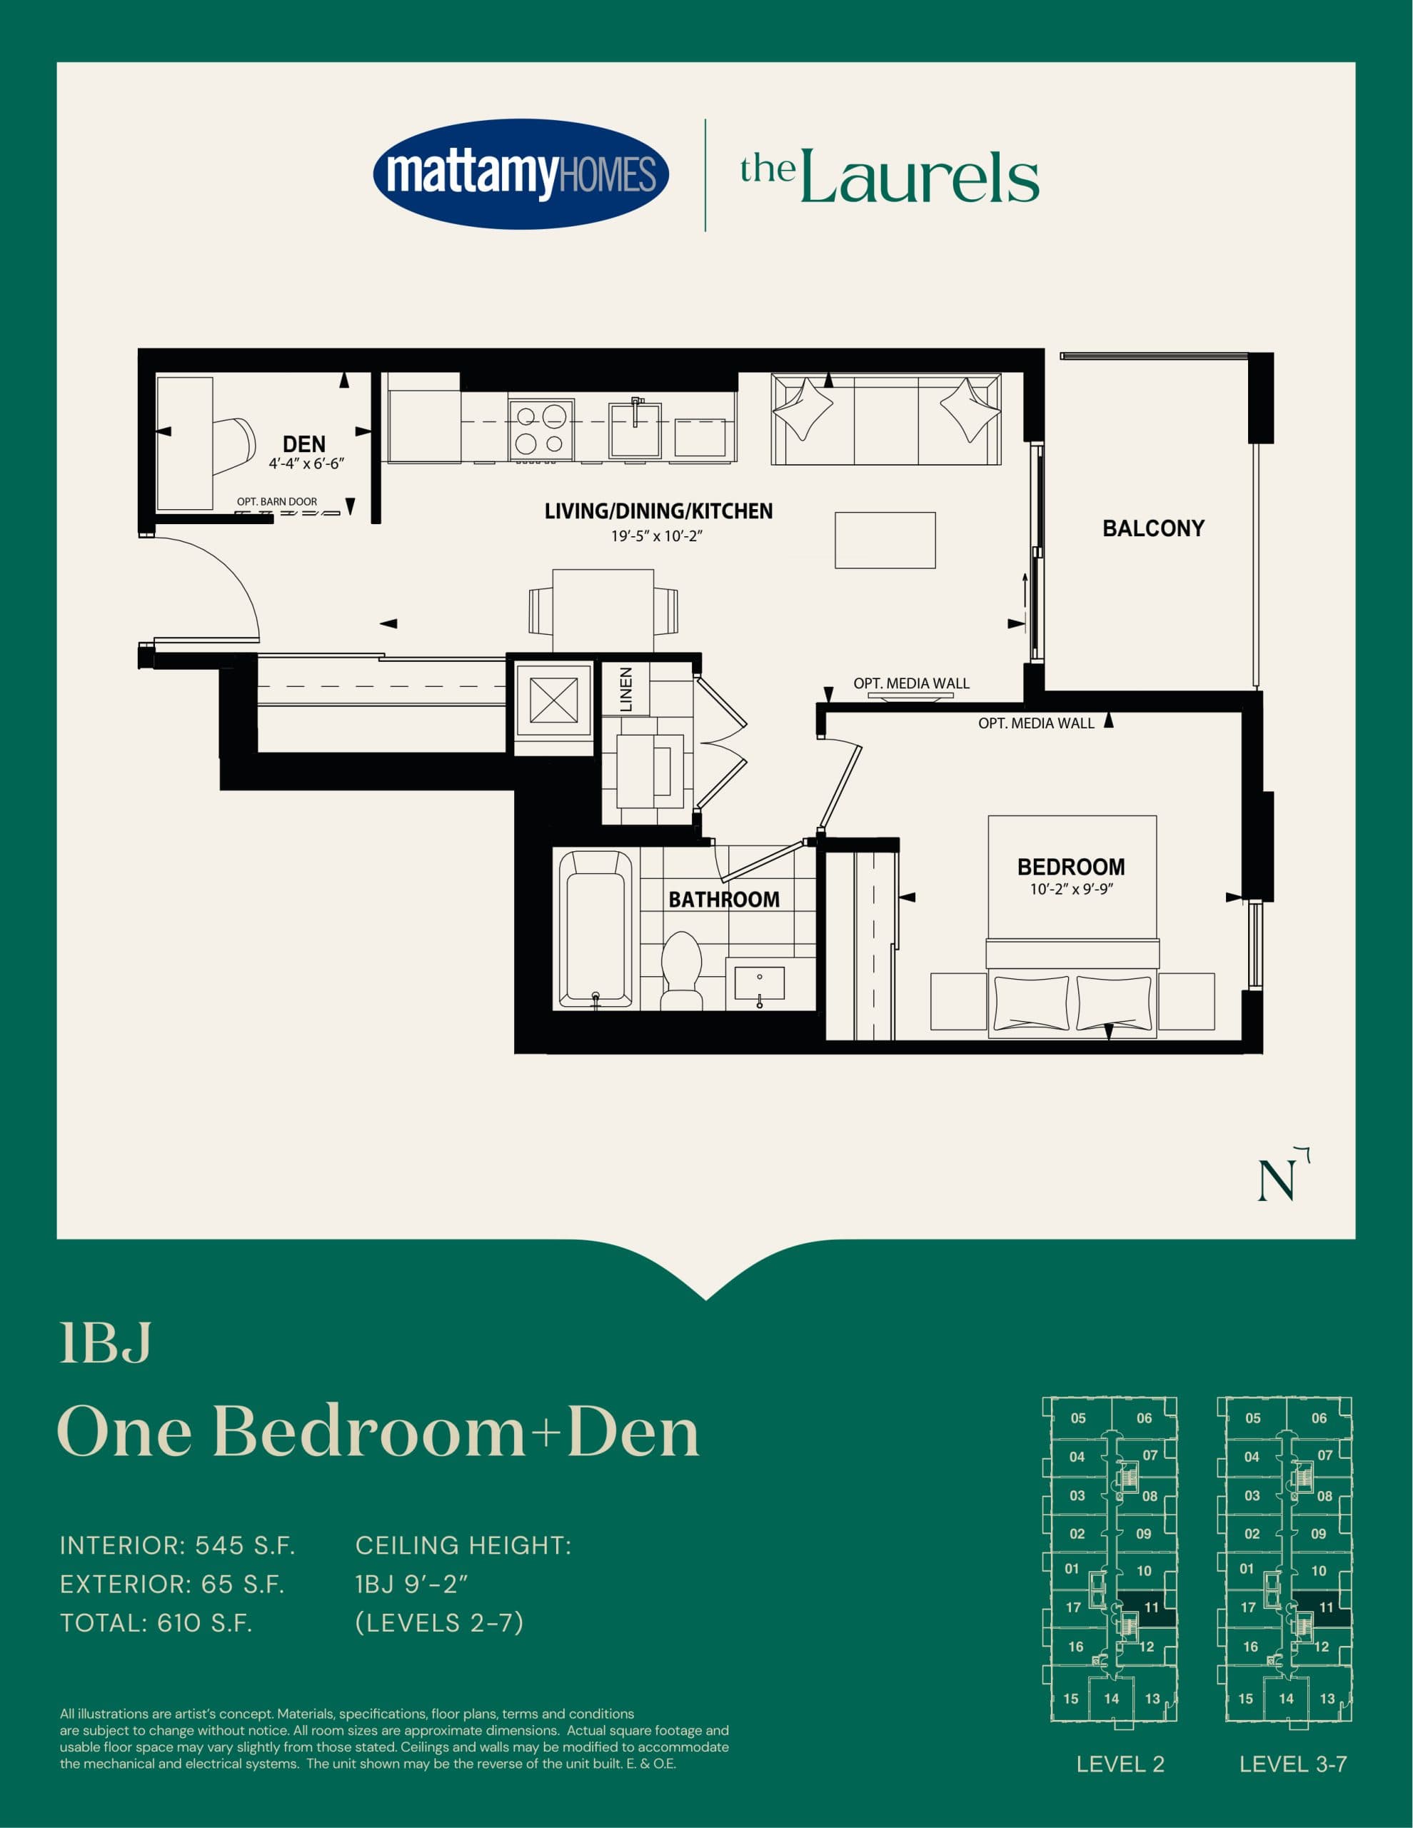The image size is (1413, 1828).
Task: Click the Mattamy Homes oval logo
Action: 520,174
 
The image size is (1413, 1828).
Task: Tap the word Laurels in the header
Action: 919,177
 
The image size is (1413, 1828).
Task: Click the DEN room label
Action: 304,443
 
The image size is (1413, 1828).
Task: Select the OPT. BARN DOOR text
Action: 277,501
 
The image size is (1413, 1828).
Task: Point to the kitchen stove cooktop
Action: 540,429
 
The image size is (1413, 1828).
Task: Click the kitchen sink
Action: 635,429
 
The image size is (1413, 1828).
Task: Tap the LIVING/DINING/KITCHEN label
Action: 658,511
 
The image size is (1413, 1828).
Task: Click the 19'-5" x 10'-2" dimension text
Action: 656,536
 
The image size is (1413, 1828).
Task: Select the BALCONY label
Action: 1152,528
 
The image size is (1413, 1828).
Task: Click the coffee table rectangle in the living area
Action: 885,541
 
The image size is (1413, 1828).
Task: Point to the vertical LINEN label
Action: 626,689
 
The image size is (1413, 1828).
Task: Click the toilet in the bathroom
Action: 681,971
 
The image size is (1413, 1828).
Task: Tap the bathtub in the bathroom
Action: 595,929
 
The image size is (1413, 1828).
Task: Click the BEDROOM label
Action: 1070,866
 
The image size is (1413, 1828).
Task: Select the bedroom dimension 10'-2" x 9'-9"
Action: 1070,889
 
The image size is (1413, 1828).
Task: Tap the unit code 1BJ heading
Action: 106,1343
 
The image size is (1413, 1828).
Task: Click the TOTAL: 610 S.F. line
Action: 156,1623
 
